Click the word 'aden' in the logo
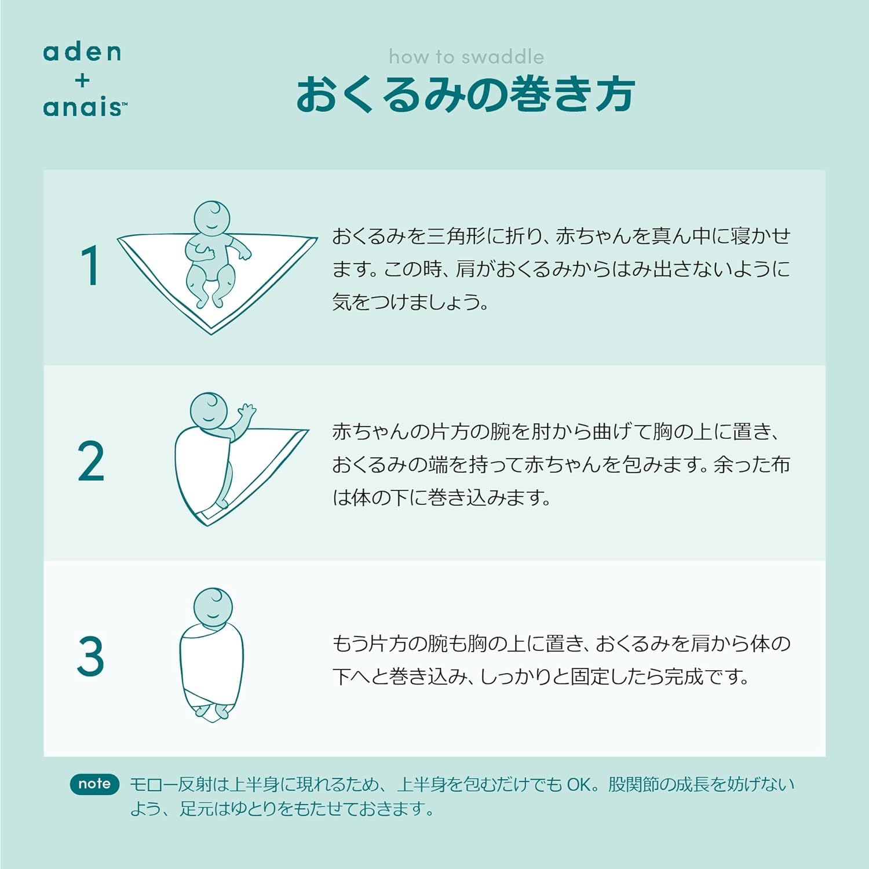82,52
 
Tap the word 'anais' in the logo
85,107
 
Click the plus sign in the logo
82,80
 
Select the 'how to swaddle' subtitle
466,57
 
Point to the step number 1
91,266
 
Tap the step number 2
91,461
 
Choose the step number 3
90,656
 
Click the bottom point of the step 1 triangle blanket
211,334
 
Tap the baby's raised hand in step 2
247,411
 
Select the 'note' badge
94,784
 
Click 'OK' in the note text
579,784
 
